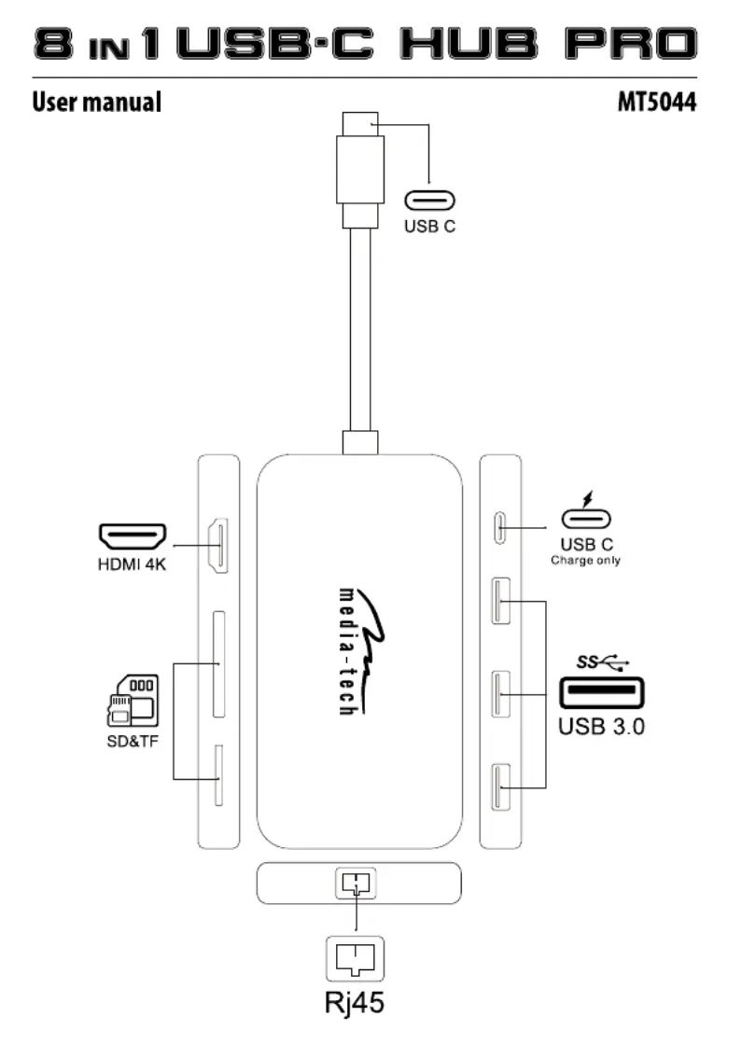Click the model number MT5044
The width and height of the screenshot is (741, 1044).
point(656,103)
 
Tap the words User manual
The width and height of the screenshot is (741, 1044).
point(97,102)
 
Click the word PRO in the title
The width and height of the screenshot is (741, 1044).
point(631,43)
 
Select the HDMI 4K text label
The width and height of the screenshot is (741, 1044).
point(132,564)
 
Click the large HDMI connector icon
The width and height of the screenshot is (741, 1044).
point(133,536)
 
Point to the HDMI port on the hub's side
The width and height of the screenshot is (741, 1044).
point(219,546)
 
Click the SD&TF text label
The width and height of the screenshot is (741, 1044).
point(133,741)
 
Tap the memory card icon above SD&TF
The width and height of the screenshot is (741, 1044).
point(133,701)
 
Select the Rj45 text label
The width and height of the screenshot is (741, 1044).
point(355,1003)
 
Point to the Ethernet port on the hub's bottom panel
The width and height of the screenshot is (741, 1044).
point(357,883)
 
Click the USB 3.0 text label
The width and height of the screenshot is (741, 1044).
point(602,727)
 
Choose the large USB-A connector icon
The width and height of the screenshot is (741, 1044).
point(602,692)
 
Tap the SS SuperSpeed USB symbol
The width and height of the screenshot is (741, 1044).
point(603,661)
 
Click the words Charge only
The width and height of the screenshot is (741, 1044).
point(586,561)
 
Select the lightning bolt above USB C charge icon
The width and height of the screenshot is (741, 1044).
point(587,499)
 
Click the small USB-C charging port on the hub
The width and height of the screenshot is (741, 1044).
point(499,528)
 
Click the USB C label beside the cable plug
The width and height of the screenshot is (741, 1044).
point(430,227)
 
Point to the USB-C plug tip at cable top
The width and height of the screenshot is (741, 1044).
point(360,124)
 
